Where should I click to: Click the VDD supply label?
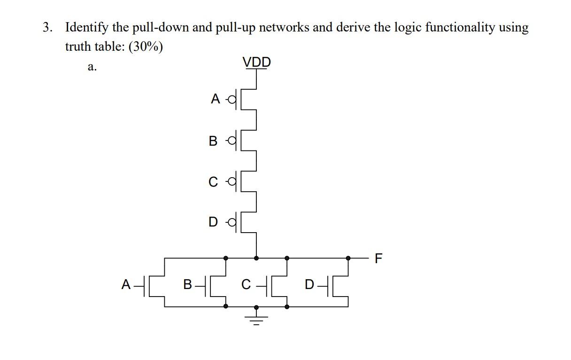click(256, 62)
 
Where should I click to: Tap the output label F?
click(379, 258)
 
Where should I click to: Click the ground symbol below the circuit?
click(256, 320)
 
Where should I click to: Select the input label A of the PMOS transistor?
click(216, 99)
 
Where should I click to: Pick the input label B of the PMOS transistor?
click(214, 141)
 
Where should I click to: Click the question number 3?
click(47, 28)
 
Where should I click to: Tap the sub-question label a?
click(92, 67)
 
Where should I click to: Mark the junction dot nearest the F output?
click(348, 258)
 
